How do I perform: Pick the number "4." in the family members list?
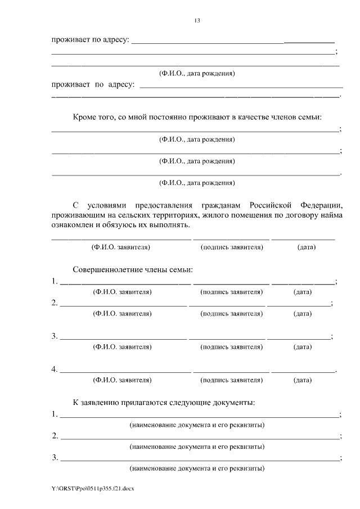tap(55, 370)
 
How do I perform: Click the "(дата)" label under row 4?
tap(303, 380)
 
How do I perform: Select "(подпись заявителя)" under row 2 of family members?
tap(231, 314)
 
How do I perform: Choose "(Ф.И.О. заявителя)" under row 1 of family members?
tap(122, 292)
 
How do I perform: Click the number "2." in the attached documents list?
tap(55, 436)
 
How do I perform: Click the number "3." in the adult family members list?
tap(55, 336)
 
